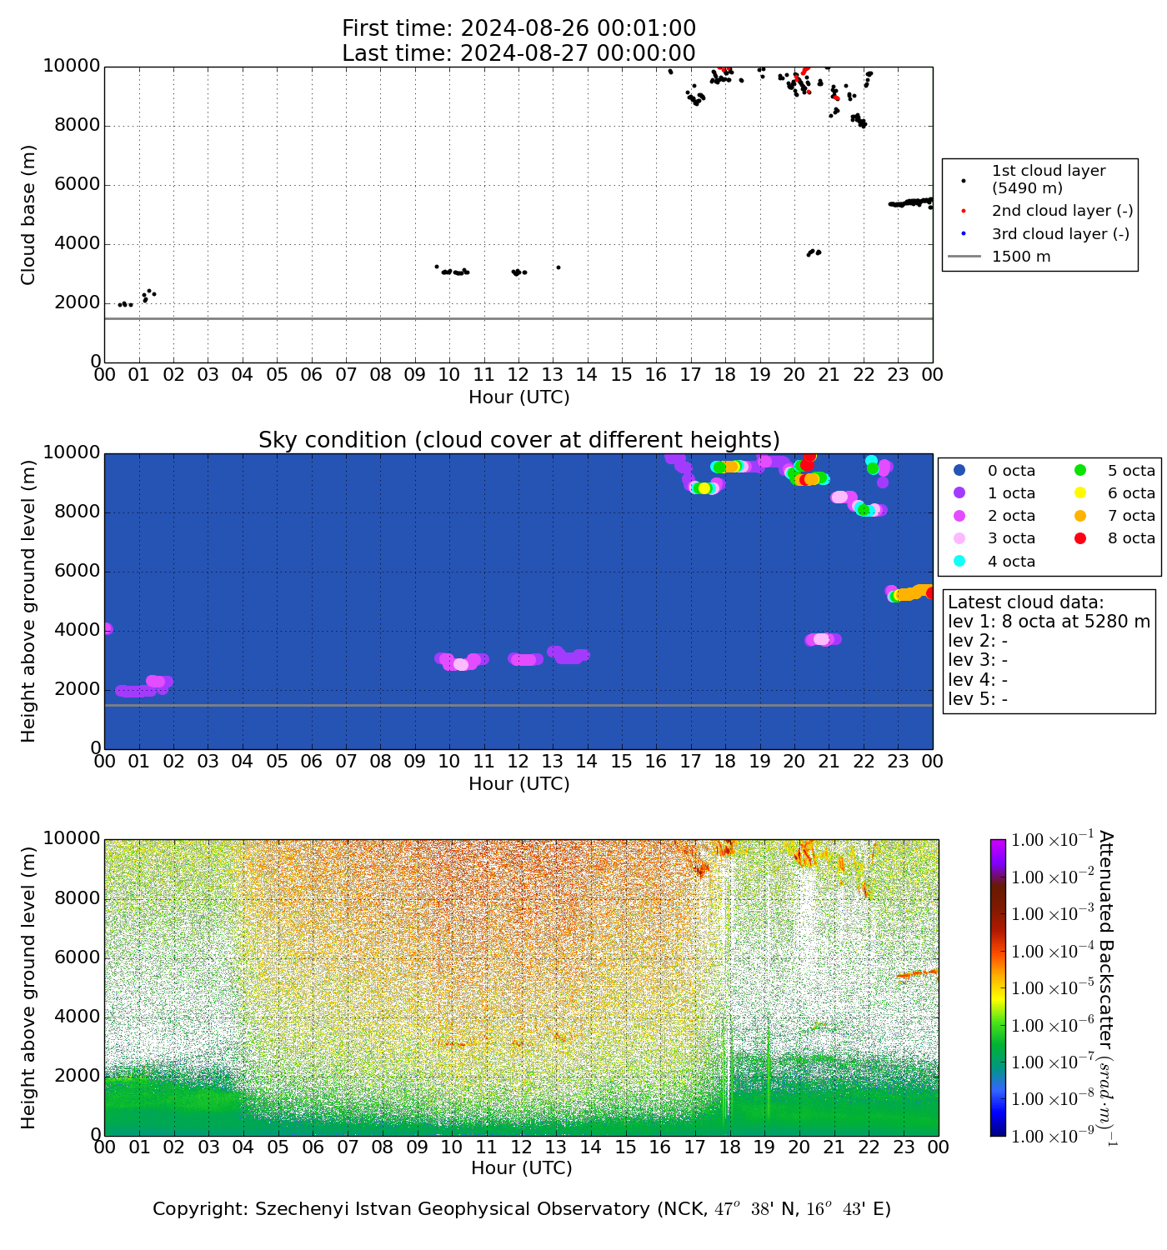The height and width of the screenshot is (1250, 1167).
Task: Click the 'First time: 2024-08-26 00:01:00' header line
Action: pos(518,29)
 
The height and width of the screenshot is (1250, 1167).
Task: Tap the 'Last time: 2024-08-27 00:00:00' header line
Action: pos(518,53)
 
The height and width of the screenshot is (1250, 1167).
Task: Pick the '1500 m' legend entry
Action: pos(1021,257)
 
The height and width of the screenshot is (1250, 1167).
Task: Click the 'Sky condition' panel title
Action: pos(518,439)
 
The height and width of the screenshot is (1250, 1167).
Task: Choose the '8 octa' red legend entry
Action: pos(1131,538)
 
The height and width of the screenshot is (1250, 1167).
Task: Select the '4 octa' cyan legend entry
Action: pos(1011,562)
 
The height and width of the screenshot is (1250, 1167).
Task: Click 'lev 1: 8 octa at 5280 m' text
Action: pos(1049,622)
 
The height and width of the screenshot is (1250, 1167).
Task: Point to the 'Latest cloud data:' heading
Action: pos(1025,602)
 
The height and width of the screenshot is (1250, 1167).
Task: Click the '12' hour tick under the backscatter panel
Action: pos(521,1147)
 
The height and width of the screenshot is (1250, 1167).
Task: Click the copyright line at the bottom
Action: pos(522,1209)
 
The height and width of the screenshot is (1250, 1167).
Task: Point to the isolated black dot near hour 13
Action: pos(558,267)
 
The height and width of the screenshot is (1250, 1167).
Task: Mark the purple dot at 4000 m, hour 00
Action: pos(106,628)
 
